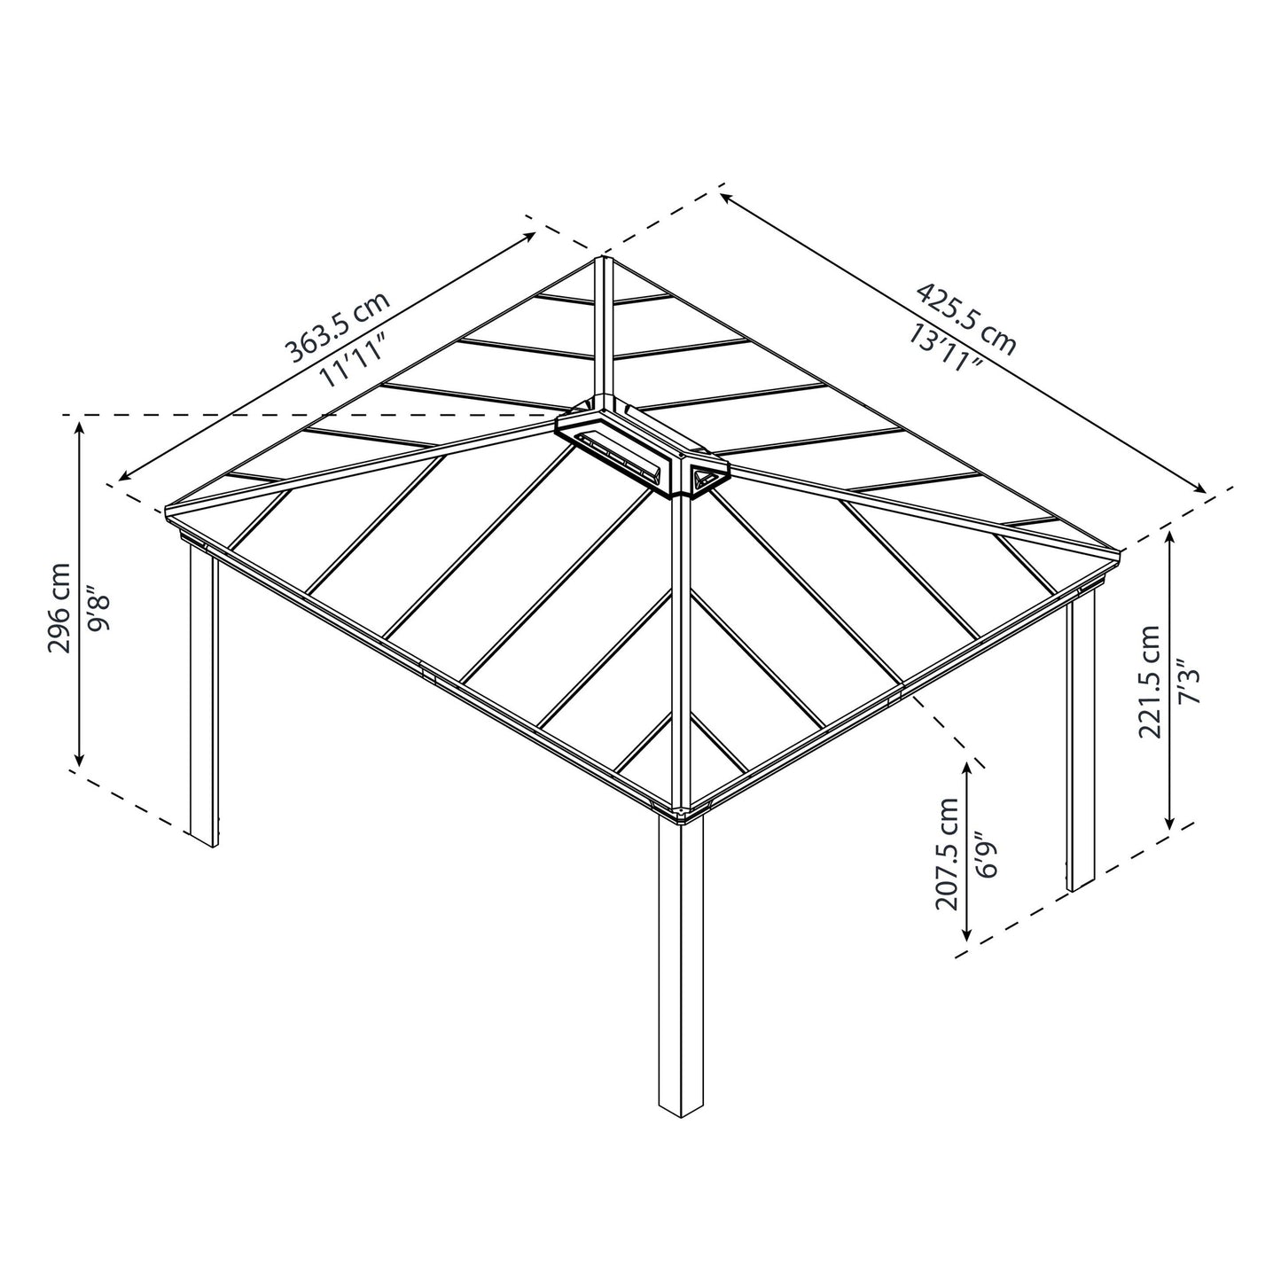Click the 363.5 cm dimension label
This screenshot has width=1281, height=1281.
click(x=337, y=329)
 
